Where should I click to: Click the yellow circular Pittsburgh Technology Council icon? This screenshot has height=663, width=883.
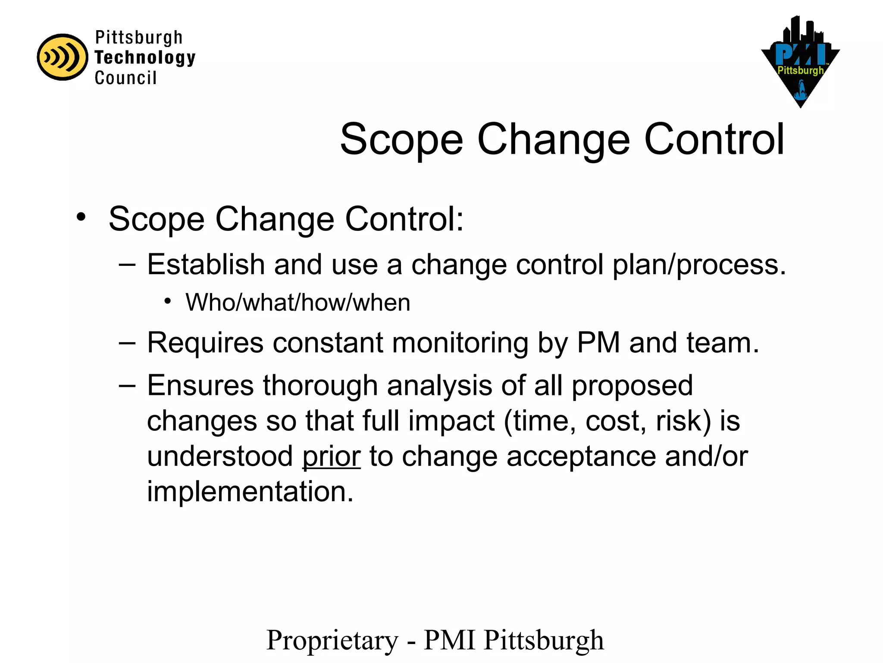(x=63, y=57)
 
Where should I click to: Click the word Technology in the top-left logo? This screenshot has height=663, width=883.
(x=145, y=57)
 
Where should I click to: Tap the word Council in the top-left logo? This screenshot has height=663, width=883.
(x=125, y=78)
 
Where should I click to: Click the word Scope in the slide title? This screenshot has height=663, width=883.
(x=401, y=139)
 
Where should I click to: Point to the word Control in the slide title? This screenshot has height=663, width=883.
(x=714, y=139)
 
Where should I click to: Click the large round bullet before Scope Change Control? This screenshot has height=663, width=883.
(x=81, y=217)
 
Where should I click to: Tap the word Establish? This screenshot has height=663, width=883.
(x=206, y=264)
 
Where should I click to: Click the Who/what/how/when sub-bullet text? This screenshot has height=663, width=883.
(x=297, y=302)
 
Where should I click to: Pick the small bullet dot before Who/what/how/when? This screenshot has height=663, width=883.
(x=168, y=300)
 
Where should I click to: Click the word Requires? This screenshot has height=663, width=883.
(x=205, y=343)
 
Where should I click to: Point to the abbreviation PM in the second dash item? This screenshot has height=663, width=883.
(x=598, y=343)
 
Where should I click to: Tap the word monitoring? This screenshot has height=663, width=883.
(x=460, y=343)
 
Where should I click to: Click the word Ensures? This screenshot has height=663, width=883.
(x=200, y=385)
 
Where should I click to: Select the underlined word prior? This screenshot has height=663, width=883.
(x=331, y=457)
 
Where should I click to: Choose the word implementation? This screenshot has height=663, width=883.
(x=250, y=492)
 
